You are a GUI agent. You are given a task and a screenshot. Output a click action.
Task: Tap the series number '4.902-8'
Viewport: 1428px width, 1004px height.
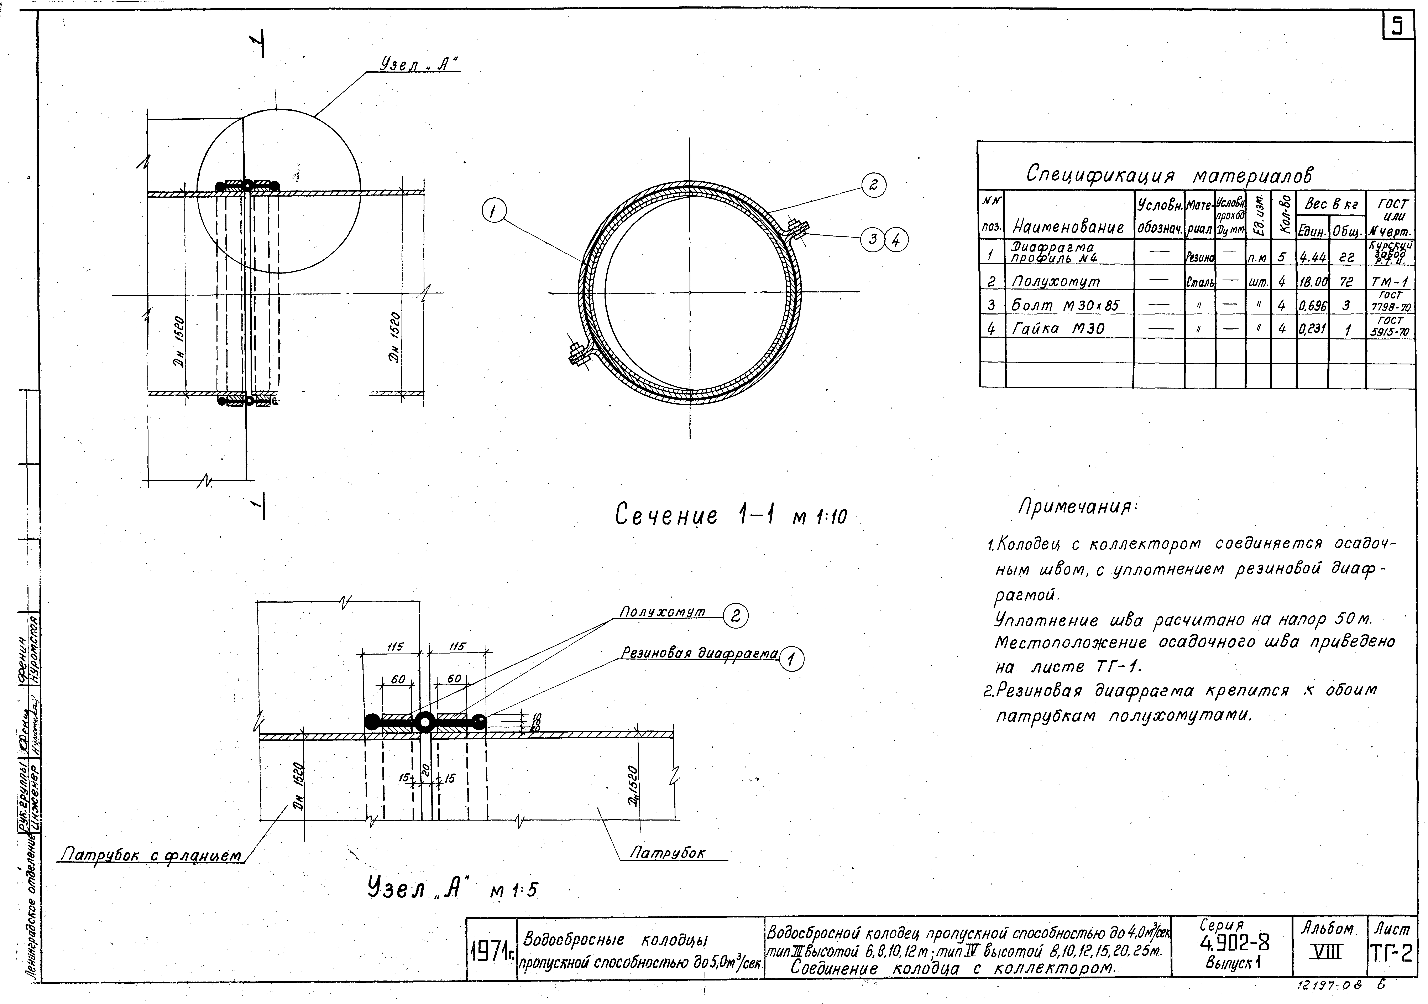[1235, 944]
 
